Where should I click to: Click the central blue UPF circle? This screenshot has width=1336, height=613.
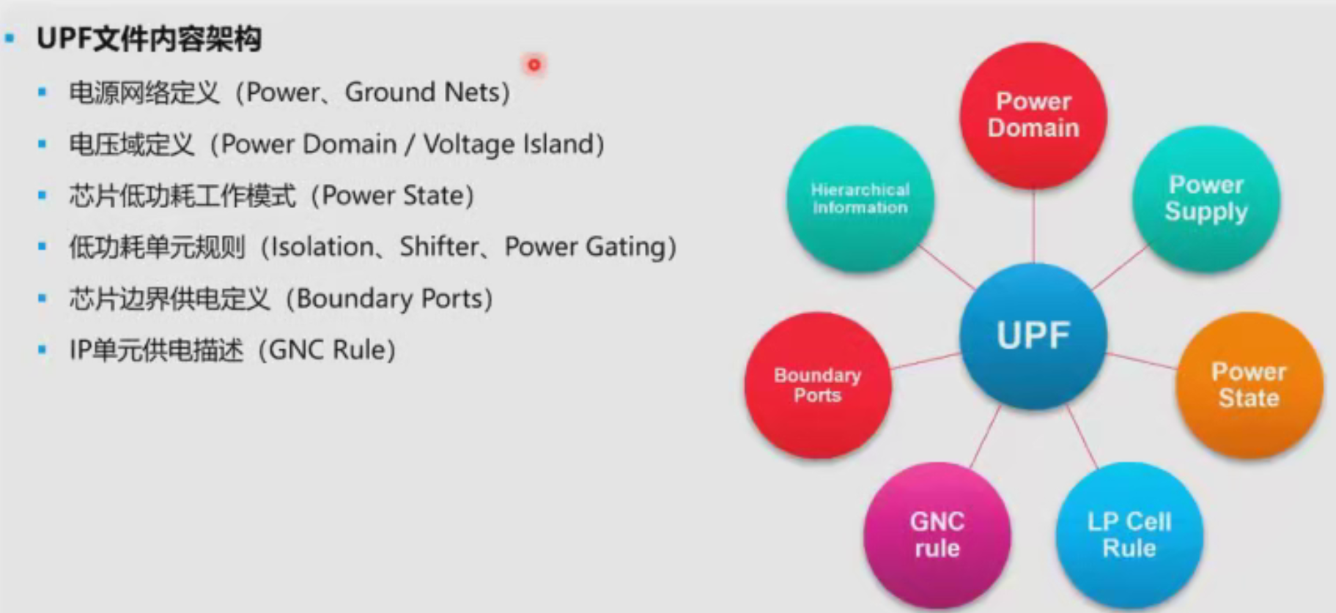pos(1033,335)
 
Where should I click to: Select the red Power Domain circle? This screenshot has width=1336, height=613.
pos(1033,115)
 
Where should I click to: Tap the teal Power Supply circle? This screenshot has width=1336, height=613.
pos(1206,198)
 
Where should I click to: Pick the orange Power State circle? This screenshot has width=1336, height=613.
pos(1250,385)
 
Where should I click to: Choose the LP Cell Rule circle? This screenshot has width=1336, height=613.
pos(1129,535)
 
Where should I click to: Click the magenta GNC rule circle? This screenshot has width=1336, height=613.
pos(937,535)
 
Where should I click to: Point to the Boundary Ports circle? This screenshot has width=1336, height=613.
pos(818,385)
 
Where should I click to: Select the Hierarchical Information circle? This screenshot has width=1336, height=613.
pos(860,198)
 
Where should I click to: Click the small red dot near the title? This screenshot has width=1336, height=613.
pos(534,64)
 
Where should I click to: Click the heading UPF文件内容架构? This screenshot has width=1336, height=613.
pos(149,39)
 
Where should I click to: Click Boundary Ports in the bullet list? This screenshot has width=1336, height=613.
pos(389,299)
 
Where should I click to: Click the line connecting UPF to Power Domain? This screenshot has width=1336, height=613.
pos(1033,226)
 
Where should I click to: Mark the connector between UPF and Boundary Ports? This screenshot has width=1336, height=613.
pos(926,360)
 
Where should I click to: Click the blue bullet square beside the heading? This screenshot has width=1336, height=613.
pos(10,38)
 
